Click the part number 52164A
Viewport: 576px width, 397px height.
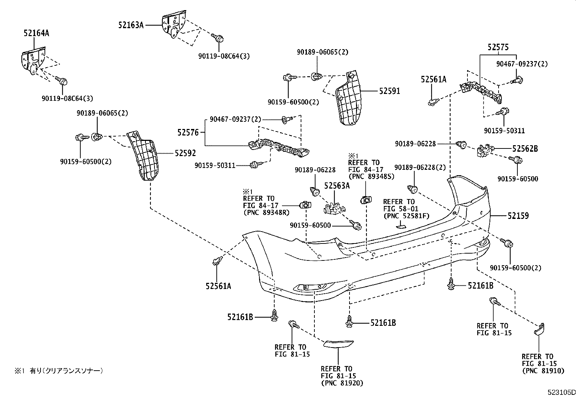(x=36, y=34)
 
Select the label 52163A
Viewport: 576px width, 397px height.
(x=131, y=25)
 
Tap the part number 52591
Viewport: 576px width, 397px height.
(x=389, y=91)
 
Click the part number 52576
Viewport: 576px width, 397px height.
(x=188, y=133)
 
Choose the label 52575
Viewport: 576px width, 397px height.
(x=498, y=47)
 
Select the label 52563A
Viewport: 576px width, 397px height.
(x=337, y=186)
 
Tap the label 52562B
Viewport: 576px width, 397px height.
(x=525, y=148)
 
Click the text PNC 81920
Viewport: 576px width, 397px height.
(x=342, y=383)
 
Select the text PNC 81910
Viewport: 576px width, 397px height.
(x=543, y=371)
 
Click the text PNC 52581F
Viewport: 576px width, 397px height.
(x=406, y=216)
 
